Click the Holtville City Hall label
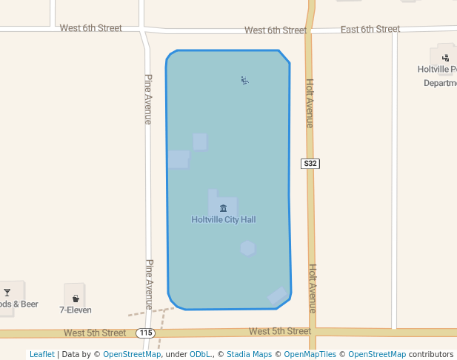click(x=223, y=220)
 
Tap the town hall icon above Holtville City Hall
click(x=223, y=208)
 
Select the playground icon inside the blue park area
click(x=244, y=80)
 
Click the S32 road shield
click(x=310, y=163)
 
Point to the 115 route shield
click(x=146, y=333)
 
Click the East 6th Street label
click(x=370, y=30)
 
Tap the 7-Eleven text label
click(x=76, y=310)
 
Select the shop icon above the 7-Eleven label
click(x=76, y=299)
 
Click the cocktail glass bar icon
click(x=7, y=292)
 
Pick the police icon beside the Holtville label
click(x=445, y=57)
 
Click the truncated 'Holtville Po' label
click(x=437, y=70)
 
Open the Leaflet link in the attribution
click(x=41, y=354)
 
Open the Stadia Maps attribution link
click(x=249, y=354)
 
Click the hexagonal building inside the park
click(x=247, y=248)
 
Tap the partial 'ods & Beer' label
click(x=19, y=304)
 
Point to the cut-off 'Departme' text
click(x=440, y=84)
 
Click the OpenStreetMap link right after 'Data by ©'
click(x=132, y=354)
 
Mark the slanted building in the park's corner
click(x=278, y=296)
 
